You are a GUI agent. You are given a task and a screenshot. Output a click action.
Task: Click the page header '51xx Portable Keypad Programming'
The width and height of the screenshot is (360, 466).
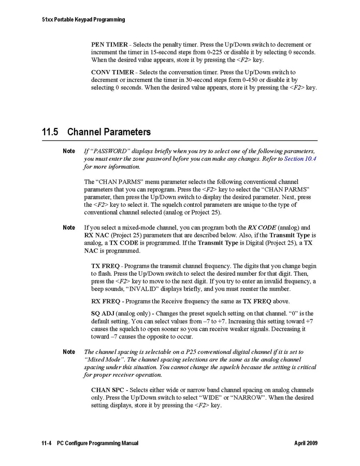(83, 20)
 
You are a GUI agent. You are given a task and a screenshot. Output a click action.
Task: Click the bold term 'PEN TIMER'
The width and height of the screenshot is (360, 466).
(109, 45)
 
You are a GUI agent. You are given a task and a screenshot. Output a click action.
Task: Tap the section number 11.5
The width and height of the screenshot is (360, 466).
(49, 132)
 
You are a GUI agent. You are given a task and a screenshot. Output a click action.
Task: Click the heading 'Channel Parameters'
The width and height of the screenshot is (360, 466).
(109, 132)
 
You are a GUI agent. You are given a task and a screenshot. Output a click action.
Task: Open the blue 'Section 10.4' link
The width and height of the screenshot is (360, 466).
(300, 159)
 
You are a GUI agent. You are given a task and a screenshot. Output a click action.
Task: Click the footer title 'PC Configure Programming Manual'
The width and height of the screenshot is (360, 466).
(98, 444)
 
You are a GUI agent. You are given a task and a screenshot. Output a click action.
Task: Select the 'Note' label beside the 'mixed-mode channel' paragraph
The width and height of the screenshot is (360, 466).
(69, 228)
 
